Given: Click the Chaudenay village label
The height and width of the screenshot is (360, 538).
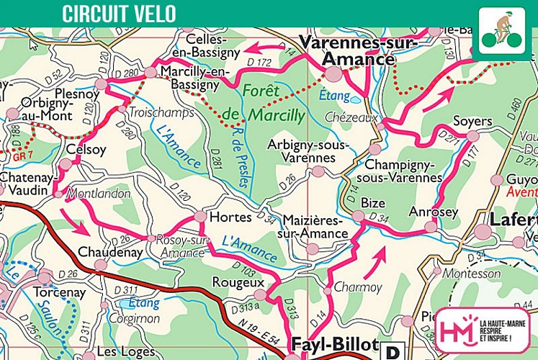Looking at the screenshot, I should (105, 252).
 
